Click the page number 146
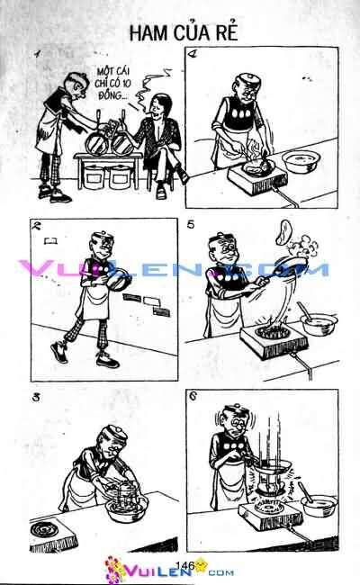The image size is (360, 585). (187, 564)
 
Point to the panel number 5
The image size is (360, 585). (191, 225)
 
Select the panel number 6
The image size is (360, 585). (192, 396)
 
